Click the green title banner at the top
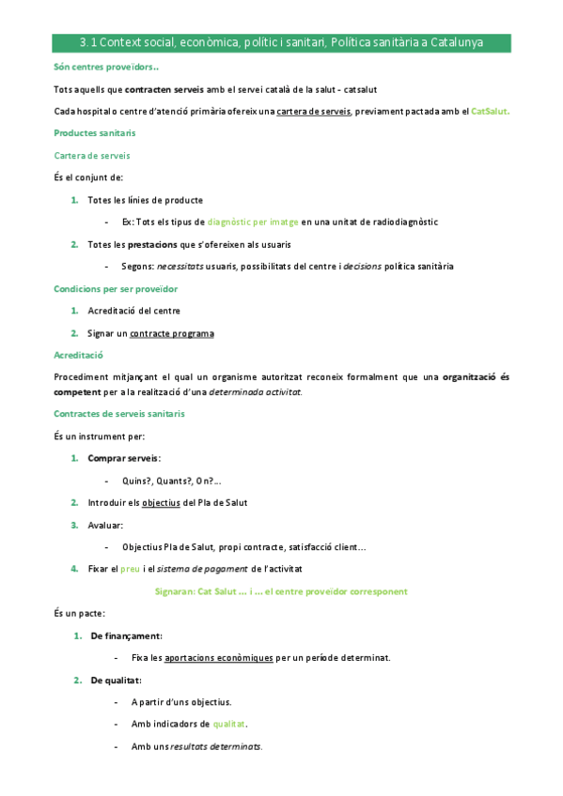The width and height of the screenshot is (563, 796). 281,43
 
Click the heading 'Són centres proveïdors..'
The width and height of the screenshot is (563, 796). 106,68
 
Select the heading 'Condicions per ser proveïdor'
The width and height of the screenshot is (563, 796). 117,288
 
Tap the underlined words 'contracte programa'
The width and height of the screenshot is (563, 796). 178,333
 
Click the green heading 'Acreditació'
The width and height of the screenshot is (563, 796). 79,355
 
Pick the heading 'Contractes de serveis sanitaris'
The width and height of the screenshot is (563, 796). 119,414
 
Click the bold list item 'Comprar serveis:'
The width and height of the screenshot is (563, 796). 124,458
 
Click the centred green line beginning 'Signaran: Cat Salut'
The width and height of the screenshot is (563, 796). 281,591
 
